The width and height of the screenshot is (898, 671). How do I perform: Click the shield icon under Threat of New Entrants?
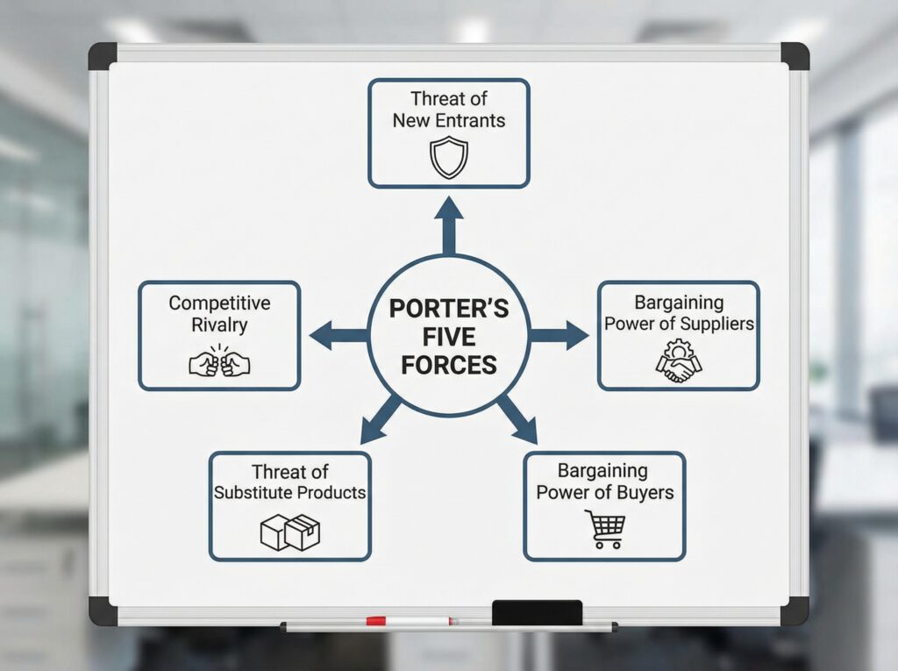[x=448, y=158]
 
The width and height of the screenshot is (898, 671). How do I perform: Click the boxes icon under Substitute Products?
[x=290, y=532]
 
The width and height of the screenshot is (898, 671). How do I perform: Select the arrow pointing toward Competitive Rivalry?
[x=338, y=335]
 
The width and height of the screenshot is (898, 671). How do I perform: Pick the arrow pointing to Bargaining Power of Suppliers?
[x=559, y=335]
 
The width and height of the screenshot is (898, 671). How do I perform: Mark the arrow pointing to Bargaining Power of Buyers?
[x=518, y=418]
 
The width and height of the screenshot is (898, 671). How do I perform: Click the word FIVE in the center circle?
[x=448, y=338]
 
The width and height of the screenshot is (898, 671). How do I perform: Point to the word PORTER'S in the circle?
[x=448, y=310]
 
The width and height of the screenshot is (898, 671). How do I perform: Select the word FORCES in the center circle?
[x=448, y=365]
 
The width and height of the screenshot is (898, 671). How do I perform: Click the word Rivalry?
[x=219, y=325]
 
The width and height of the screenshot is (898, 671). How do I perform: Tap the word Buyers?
[x=645, y=492]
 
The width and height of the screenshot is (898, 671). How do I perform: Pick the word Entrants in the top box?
[x=473, y=121]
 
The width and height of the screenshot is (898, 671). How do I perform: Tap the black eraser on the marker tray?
[x=537, y=612]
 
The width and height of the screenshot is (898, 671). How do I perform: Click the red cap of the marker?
[x=376, y=621]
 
